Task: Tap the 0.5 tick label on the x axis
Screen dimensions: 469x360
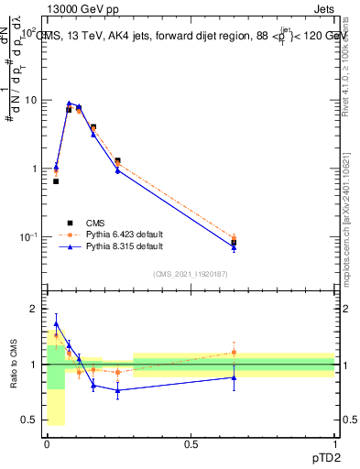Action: click(191, 444)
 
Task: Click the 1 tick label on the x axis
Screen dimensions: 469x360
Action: click(334, 444)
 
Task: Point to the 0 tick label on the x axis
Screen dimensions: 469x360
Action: click(47, 444)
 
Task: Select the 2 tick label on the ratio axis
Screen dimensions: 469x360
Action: click(33, 310)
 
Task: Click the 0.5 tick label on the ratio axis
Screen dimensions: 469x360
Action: click(29, 420)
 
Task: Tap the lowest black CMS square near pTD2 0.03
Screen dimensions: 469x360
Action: click(56, 181)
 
